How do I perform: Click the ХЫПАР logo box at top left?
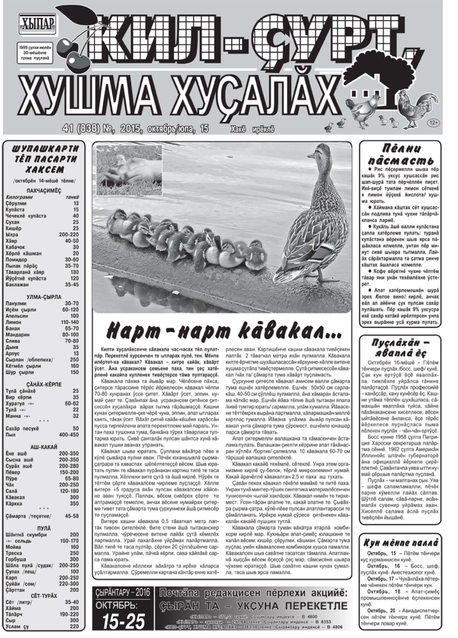tap(37, 24)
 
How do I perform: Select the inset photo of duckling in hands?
tap(129, 170)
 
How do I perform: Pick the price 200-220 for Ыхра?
tap(69, 235)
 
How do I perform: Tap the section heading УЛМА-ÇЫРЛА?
tap(44, 297)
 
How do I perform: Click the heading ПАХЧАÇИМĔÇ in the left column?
tap(44, 191)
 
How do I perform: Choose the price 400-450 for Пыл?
tap(69, 435)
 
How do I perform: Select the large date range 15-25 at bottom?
tap(123, 621)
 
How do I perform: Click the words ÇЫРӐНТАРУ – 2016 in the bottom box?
tap(123, 593)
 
